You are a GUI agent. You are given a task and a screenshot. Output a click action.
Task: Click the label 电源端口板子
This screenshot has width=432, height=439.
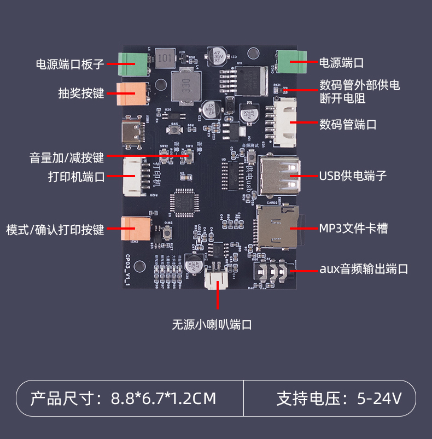(69, 64)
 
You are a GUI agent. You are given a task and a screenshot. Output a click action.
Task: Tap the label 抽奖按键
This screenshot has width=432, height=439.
(81, 93)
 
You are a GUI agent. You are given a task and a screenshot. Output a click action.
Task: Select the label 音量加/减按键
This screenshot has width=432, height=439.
(66, 158)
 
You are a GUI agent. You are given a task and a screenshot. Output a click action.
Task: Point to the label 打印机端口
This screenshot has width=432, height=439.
(76, 177)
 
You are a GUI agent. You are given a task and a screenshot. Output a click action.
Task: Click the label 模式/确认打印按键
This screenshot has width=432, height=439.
(55, 229)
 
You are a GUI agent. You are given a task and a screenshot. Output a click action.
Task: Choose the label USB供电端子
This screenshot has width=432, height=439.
(353, 175)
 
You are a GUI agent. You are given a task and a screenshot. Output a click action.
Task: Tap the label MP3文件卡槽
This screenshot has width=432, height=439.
(353, 228)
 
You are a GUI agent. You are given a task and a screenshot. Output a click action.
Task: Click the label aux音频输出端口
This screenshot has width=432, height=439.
(364, 269)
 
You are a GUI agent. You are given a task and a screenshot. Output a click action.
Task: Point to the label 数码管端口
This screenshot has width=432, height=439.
(348, 124)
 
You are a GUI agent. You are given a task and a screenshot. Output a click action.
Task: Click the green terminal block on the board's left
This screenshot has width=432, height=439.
(133, 65)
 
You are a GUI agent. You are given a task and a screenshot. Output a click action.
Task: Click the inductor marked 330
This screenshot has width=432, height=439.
(186, 86)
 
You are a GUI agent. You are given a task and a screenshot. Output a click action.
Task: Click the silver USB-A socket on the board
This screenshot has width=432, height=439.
(280, 176)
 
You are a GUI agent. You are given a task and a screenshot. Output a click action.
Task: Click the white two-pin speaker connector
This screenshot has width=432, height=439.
(218, 280)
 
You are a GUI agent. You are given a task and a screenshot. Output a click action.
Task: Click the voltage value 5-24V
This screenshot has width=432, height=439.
(380, 398)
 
